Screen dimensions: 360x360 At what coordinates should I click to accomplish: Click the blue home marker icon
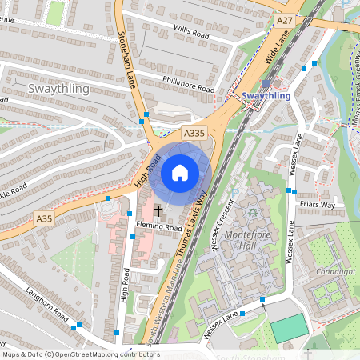pyautogui.click(x=180, y=173)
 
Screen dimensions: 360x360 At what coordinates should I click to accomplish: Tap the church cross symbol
pyautogui.click(x=158, y=212)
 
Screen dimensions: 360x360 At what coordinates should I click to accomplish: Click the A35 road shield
pyautogui.click(x=44, y=218)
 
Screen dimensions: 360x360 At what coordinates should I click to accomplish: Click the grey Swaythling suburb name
pyautogui.click(x=58, y=89)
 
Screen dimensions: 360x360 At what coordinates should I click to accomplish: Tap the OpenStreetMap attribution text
pyautogui.click(x=81, y=354)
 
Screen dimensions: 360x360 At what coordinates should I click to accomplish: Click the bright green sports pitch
pyautogui.click(x=289, y=328)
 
